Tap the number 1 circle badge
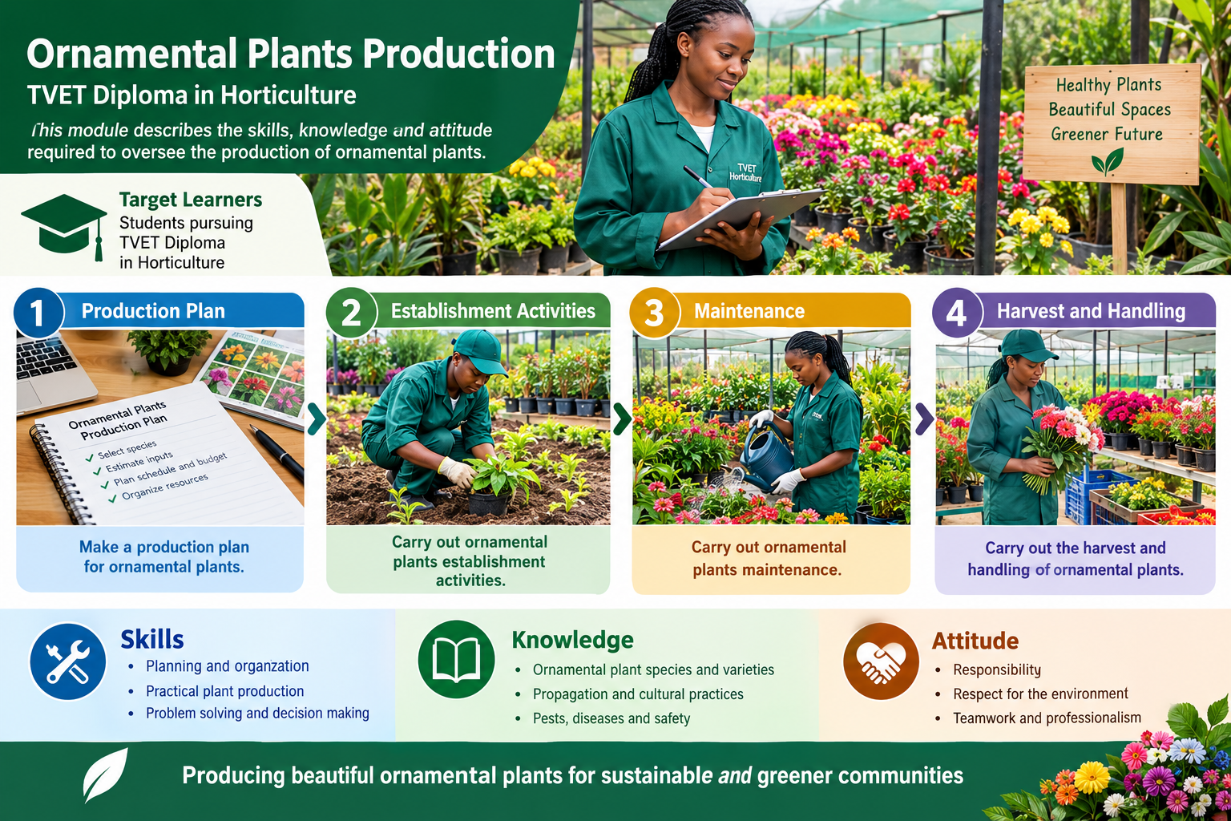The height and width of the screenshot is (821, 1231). coord(38,313)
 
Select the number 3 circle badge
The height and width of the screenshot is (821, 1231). coord(654,313)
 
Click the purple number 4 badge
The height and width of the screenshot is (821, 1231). coord(957,313)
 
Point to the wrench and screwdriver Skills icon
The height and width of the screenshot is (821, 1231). coord(68,661)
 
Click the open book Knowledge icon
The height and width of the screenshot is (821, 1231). coord(456,659)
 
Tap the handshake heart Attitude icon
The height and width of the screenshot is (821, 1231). coord(881,661)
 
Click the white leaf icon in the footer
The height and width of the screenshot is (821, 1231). coord(105,774)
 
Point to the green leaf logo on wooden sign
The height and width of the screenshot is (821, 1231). coord(1108,162)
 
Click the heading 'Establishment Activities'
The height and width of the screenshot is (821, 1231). coord(493,311)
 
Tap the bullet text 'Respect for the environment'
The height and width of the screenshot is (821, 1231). coord(1040,694)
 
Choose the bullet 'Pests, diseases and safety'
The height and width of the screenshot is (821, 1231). coord(611,718)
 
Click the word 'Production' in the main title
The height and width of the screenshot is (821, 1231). coord(458,54)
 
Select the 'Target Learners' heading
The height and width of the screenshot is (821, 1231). coord(191,199)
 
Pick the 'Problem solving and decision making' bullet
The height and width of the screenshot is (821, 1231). coord(257,713)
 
